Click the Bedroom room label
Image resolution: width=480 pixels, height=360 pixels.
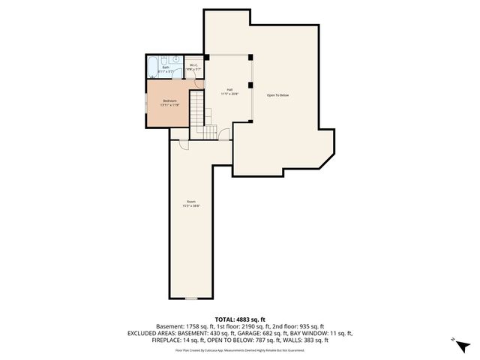(170, 100)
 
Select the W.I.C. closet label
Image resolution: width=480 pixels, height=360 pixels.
(193, 65)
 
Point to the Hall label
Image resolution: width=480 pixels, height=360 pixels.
(229, 89)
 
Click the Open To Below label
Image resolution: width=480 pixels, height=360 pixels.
(278, 95)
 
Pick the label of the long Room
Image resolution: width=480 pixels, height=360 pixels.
(193, 201)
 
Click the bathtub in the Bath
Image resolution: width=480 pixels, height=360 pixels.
(153, 67)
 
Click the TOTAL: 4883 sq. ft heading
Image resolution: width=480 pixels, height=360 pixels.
(239, 319)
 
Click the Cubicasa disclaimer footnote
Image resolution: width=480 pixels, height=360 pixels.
(239, 349)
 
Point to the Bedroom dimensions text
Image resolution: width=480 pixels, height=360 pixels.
(170, 104)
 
